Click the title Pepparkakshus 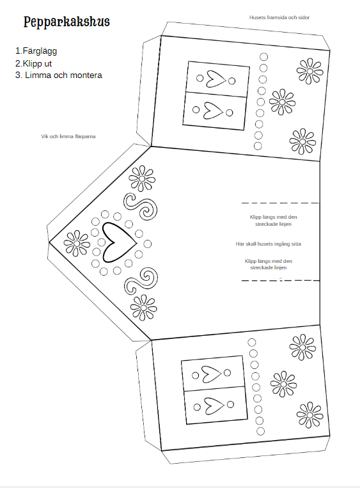tap(67, 22)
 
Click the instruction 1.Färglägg tap(36, 51)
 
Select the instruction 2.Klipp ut tap(34, 63)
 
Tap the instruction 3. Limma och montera tap(59, 75)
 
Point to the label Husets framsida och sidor tap(279, 17)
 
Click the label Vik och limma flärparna tap(68, 136)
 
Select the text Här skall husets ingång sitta tap(268, 244)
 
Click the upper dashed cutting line tap(281, 203)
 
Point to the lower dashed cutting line tap(281, 280)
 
